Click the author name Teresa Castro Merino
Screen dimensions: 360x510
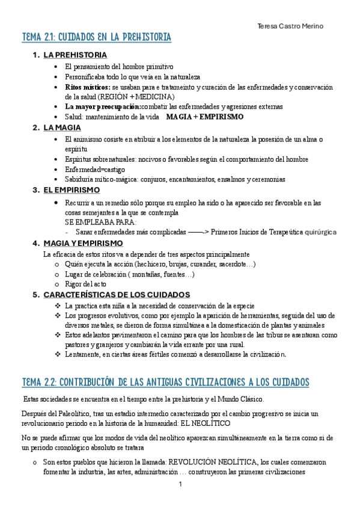[x=290, y=26]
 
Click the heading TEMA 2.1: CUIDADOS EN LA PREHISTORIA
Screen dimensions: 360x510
[x=96, y=38]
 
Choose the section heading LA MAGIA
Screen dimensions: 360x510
[x=62, y=127]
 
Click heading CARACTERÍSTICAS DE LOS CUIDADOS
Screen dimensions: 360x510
[x=117, y=295]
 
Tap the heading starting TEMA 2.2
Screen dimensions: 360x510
[x=165, y=382]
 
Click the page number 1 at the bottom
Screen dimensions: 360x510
[x=180, y=484]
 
